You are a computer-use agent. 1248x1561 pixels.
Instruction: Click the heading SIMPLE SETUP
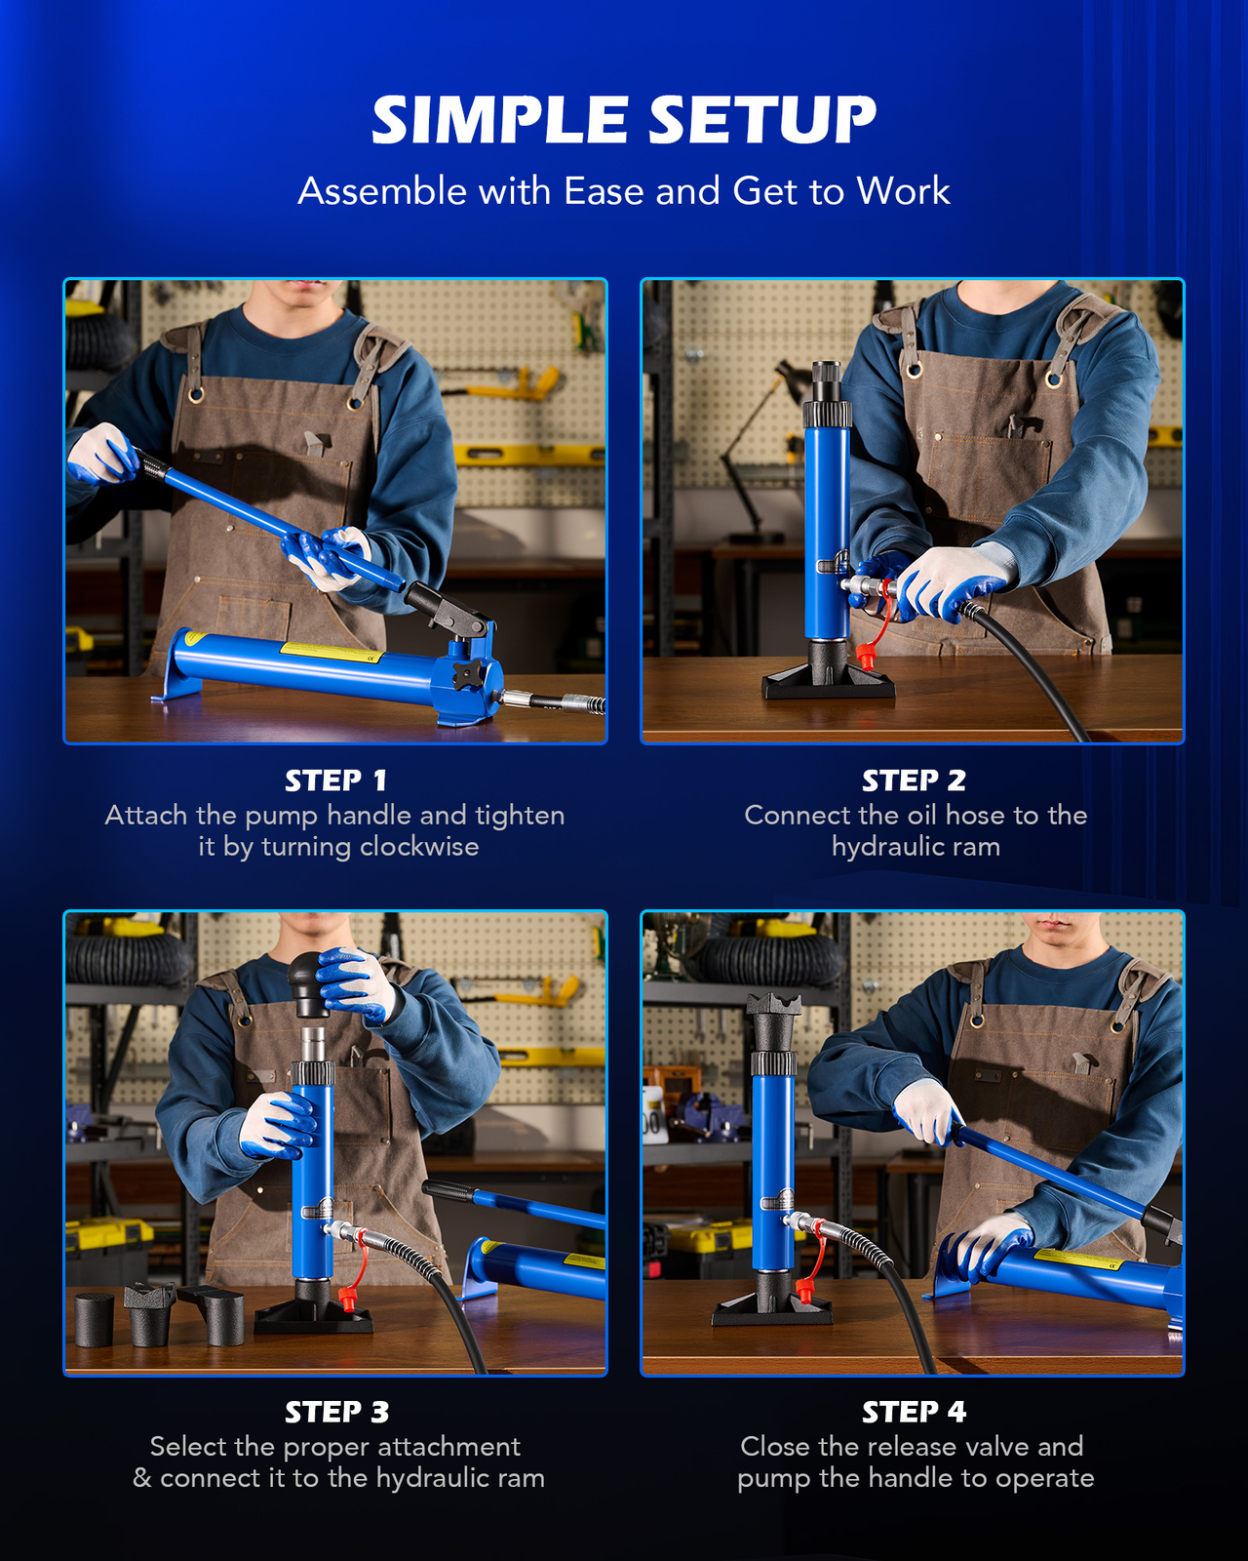624,120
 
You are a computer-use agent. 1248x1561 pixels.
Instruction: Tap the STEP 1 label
335,780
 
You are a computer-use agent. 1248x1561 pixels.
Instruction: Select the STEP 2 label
914,780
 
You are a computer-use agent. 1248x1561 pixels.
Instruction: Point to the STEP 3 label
336,1412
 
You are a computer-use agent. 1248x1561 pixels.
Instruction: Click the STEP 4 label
914,1412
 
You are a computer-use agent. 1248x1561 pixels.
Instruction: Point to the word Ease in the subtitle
605,191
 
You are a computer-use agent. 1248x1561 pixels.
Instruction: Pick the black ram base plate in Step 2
828,681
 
